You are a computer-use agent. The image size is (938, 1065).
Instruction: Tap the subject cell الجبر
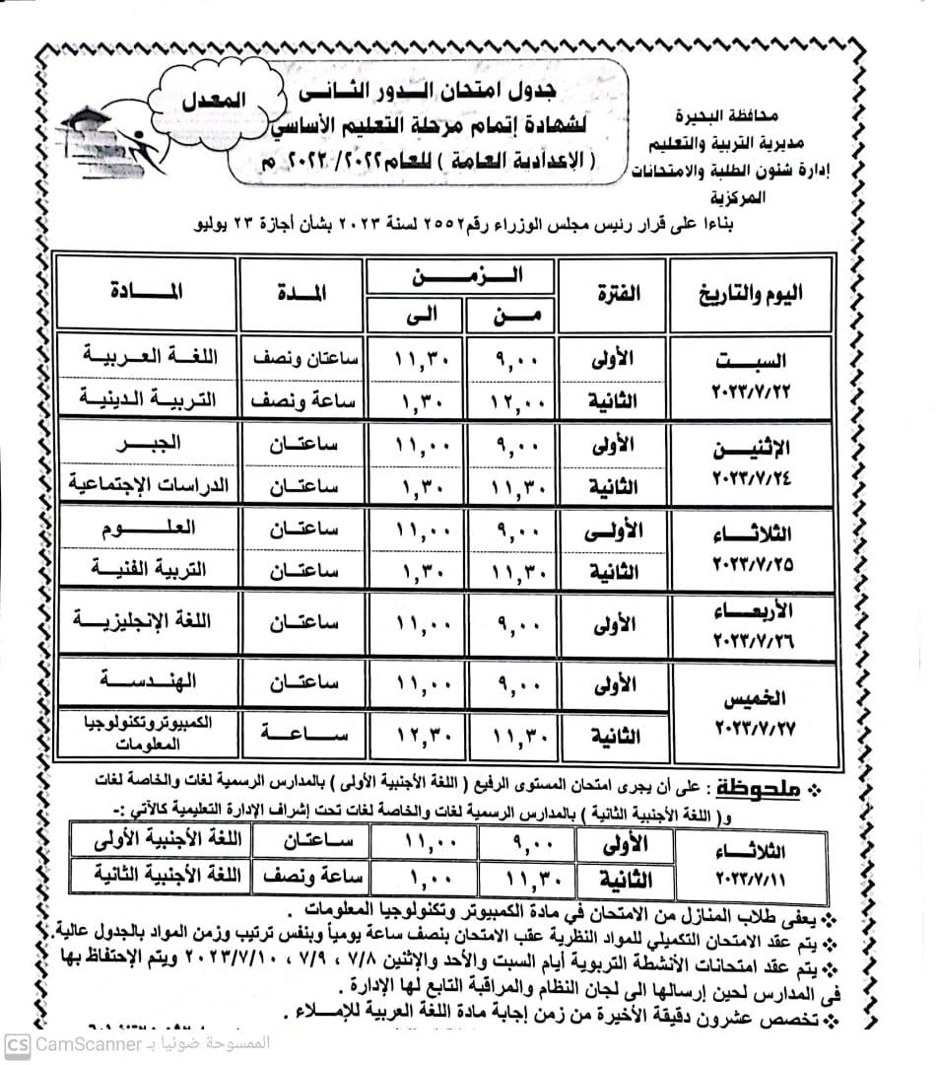pyautogui.click(x=148, y=445)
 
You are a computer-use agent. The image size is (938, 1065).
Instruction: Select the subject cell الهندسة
pyautogui.click(x=148, y=681)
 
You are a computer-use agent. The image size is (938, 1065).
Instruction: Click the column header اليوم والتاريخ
pyautogui.click(x=749, y=293)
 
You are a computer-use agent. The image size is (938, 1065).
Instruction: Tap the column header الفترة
pyautogui.click(x=618, y=293)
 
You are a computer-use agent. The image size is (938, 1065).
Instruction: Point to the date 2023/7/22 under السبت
pyautogui.click(x=752, y=391)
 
